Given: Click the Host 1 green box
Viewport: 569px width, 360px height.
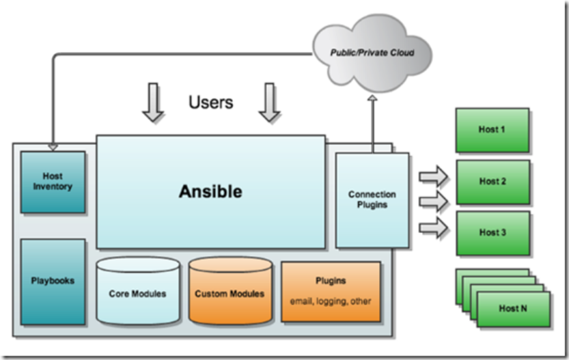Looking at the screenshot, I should coord(492,130).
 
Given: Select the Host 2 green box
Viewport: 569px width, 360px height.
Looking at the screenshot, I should coord(492,182).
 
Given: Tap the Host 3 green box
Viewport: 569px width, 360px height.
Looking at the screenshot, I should coord(492,232).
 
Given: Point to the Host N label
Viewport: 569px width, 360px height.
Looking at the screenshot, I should coord(512,308).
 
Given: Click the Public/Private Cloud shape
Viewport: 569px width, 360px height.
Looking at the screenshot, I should coord(372,52).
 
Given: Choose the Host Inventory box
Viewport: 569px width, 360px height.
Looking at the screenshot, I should coord(53,182).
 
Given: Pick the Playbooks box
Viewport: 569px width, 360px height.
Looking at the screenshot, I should coord(53,281).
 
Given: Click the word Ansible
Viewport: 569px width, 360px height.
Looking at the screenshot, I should coord(210,192).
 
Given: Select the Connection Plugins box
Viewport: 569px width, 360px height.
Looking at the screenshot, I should coord(372,199).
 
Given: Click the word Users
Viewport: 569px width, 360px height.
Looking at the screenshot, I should coord(210,102).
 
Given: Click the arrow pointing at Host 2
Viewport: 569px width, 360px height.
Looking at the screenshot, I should coord(433,202).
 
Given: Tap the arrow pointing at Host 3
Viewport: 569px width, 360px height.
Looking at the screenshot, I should coord(433,226).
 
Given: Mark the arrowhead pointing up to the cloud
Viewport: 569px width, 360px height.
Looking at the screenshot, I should coord(373,100).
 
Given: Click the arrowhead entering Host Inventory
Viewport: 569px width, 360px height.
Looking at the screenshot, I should coord(53,146).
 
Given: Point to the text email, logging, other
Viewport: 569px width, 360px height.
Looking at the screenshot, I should coord(331,301).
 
